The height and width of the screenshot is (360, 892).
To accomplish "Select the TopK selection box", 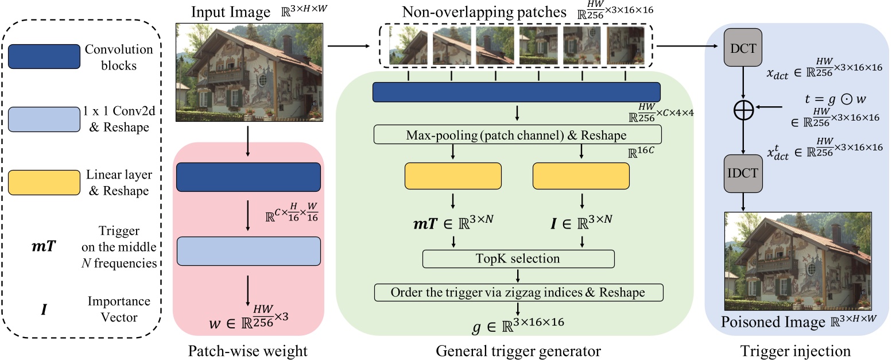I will (x=518, y=258).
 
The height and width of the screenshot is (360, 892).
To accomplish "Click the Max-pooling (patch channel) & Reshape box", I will (x=517, y=135).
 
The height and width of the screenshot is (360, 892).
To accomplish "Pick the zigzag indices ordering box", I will (x=518, y=292).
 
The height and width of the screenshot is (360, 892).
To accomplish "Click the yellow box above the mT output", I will (x=453, y=176).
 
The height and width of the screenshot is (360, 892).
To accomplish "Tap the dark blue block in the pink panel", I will (x=249, y=177).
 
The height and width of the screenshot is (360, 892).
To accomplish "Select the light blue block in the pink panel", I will (x=249, y=251).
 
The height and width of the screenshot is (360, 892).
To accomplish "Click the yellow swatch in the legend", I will (x=44, y=183).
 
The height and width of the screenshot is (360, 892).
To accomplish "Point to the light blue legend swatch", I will (x=44, y=119).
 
